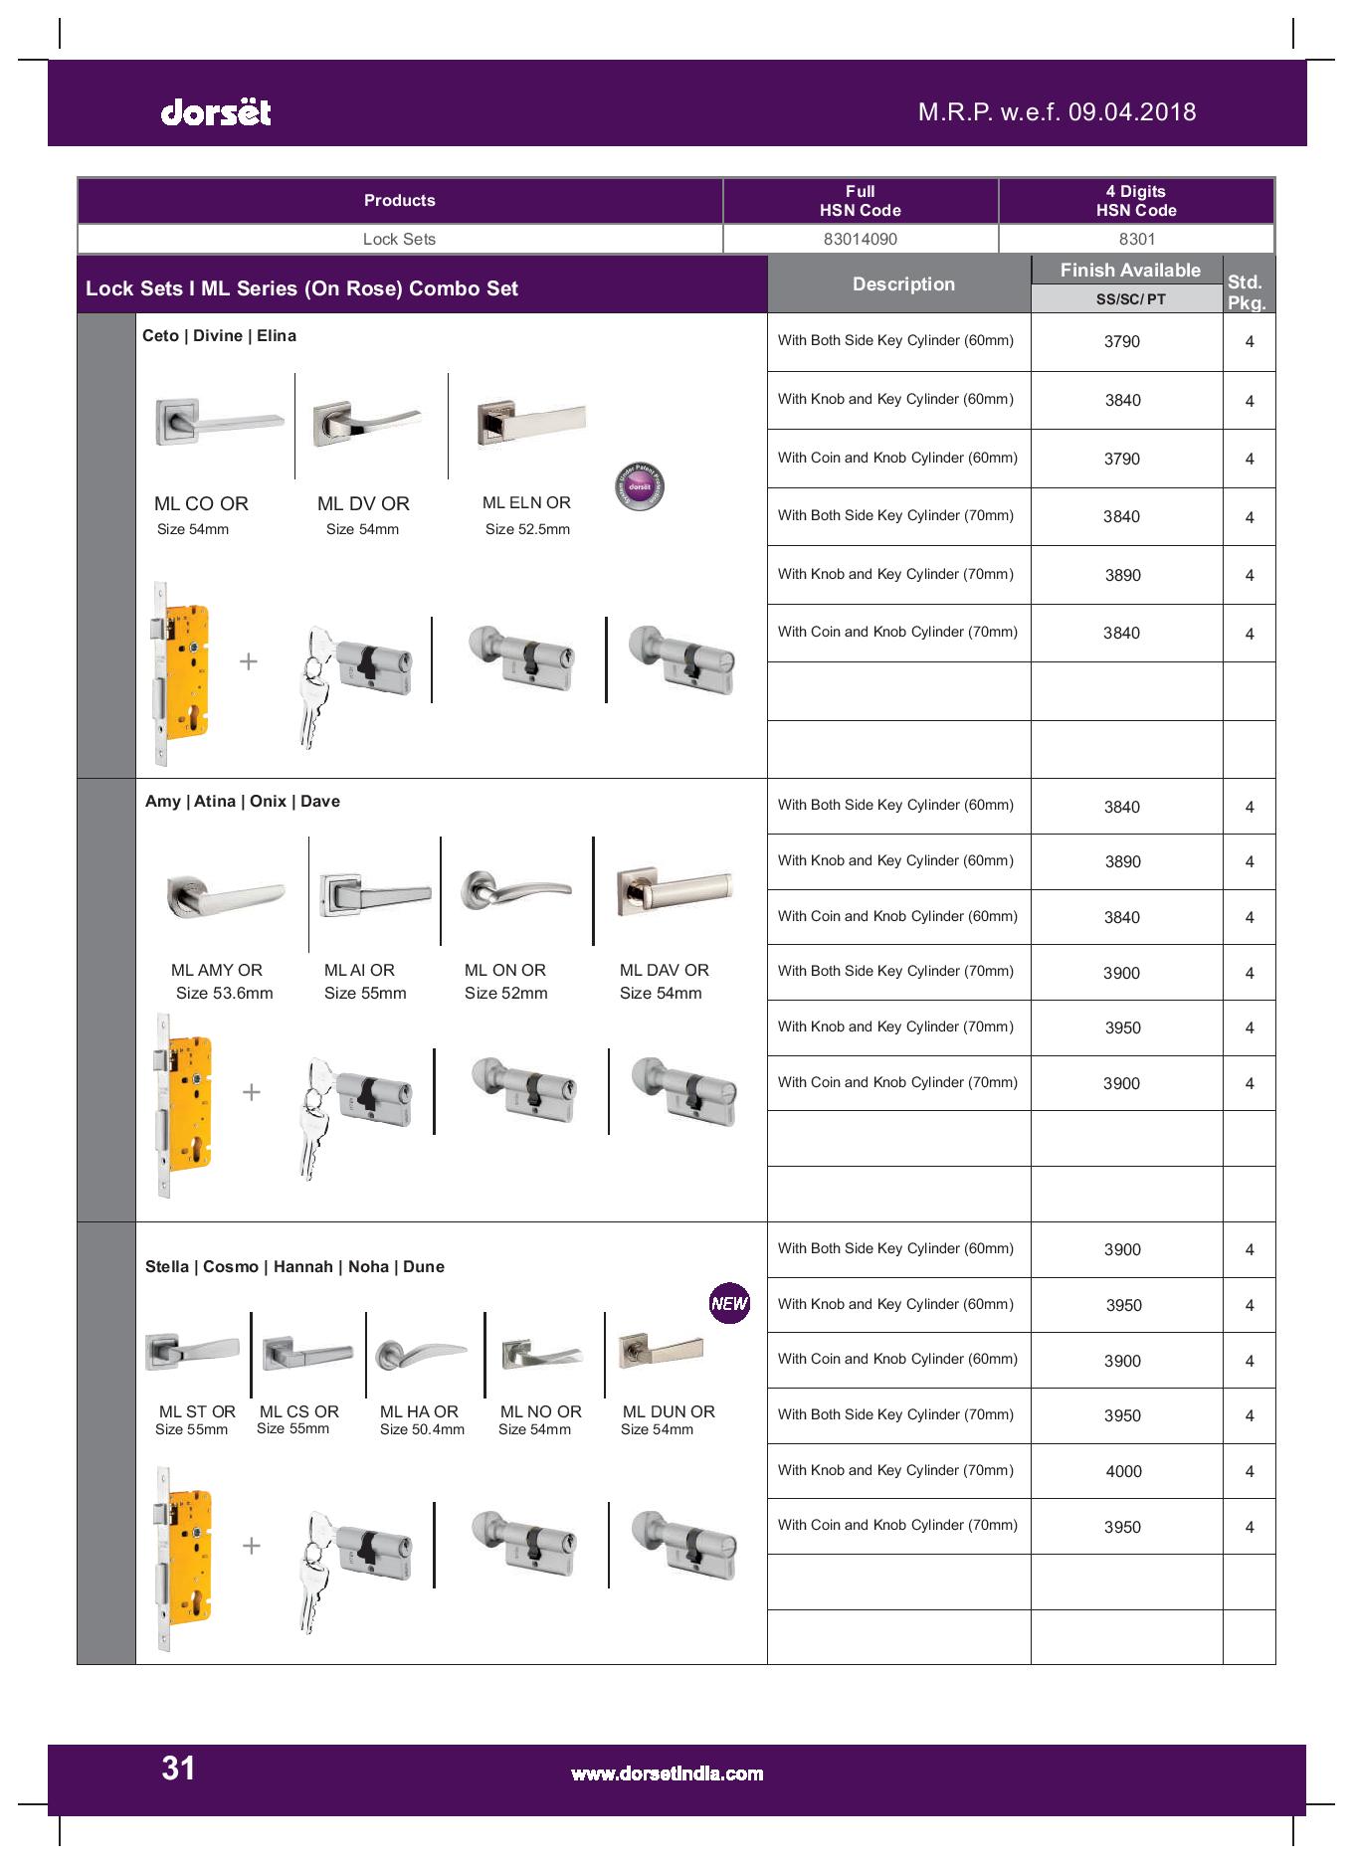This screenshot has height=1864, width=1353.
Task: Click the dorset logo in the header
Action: click(215, 111)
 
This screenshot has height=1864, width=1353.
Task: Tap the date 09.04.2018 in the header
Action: click(1132, 111)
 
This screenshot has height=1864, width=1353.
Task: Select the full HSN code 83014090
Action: click(860, 239)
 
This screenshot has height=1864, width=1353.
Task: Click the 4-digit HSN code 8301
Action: click(1136, 239)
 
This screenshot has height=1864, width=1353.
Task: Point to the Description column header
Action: click(902, 284)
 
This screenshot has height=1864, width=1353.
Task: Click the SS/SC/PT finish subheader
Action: click(1130, 298)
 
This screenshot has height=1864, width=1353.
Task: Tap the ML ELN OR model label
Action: click(526, 503)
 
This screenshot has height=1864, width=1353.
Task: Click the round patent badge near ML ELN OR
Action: click(639, 487)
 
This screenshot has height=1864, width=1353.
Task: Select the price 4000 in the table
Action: click(1123, 1471)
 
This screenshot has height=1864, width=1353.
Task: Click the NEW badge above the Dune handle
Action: click(729, 1303)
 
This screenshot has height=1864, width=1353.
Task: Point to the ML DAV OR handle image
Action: click(675, 888)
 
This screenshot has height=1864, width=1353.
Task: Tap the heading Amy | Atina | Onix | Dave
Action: click(243, 802)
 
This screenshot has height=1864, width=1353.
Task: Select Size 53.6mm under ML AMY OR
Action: click(224, 993)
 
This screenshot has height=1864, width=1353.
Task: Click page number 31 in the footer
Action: click(178, 1768)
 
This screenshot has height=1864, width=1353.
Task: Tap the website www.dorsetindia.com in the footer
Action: click(667, 1773)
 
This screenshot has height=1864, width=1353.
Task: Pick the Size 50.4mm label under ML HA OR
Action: click(422, 1429)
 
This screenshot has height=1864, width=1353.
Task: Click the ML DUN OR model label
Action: click(669, 1411)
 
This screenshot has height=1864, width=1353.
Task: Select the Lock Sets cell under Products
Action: click(399, 239)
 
